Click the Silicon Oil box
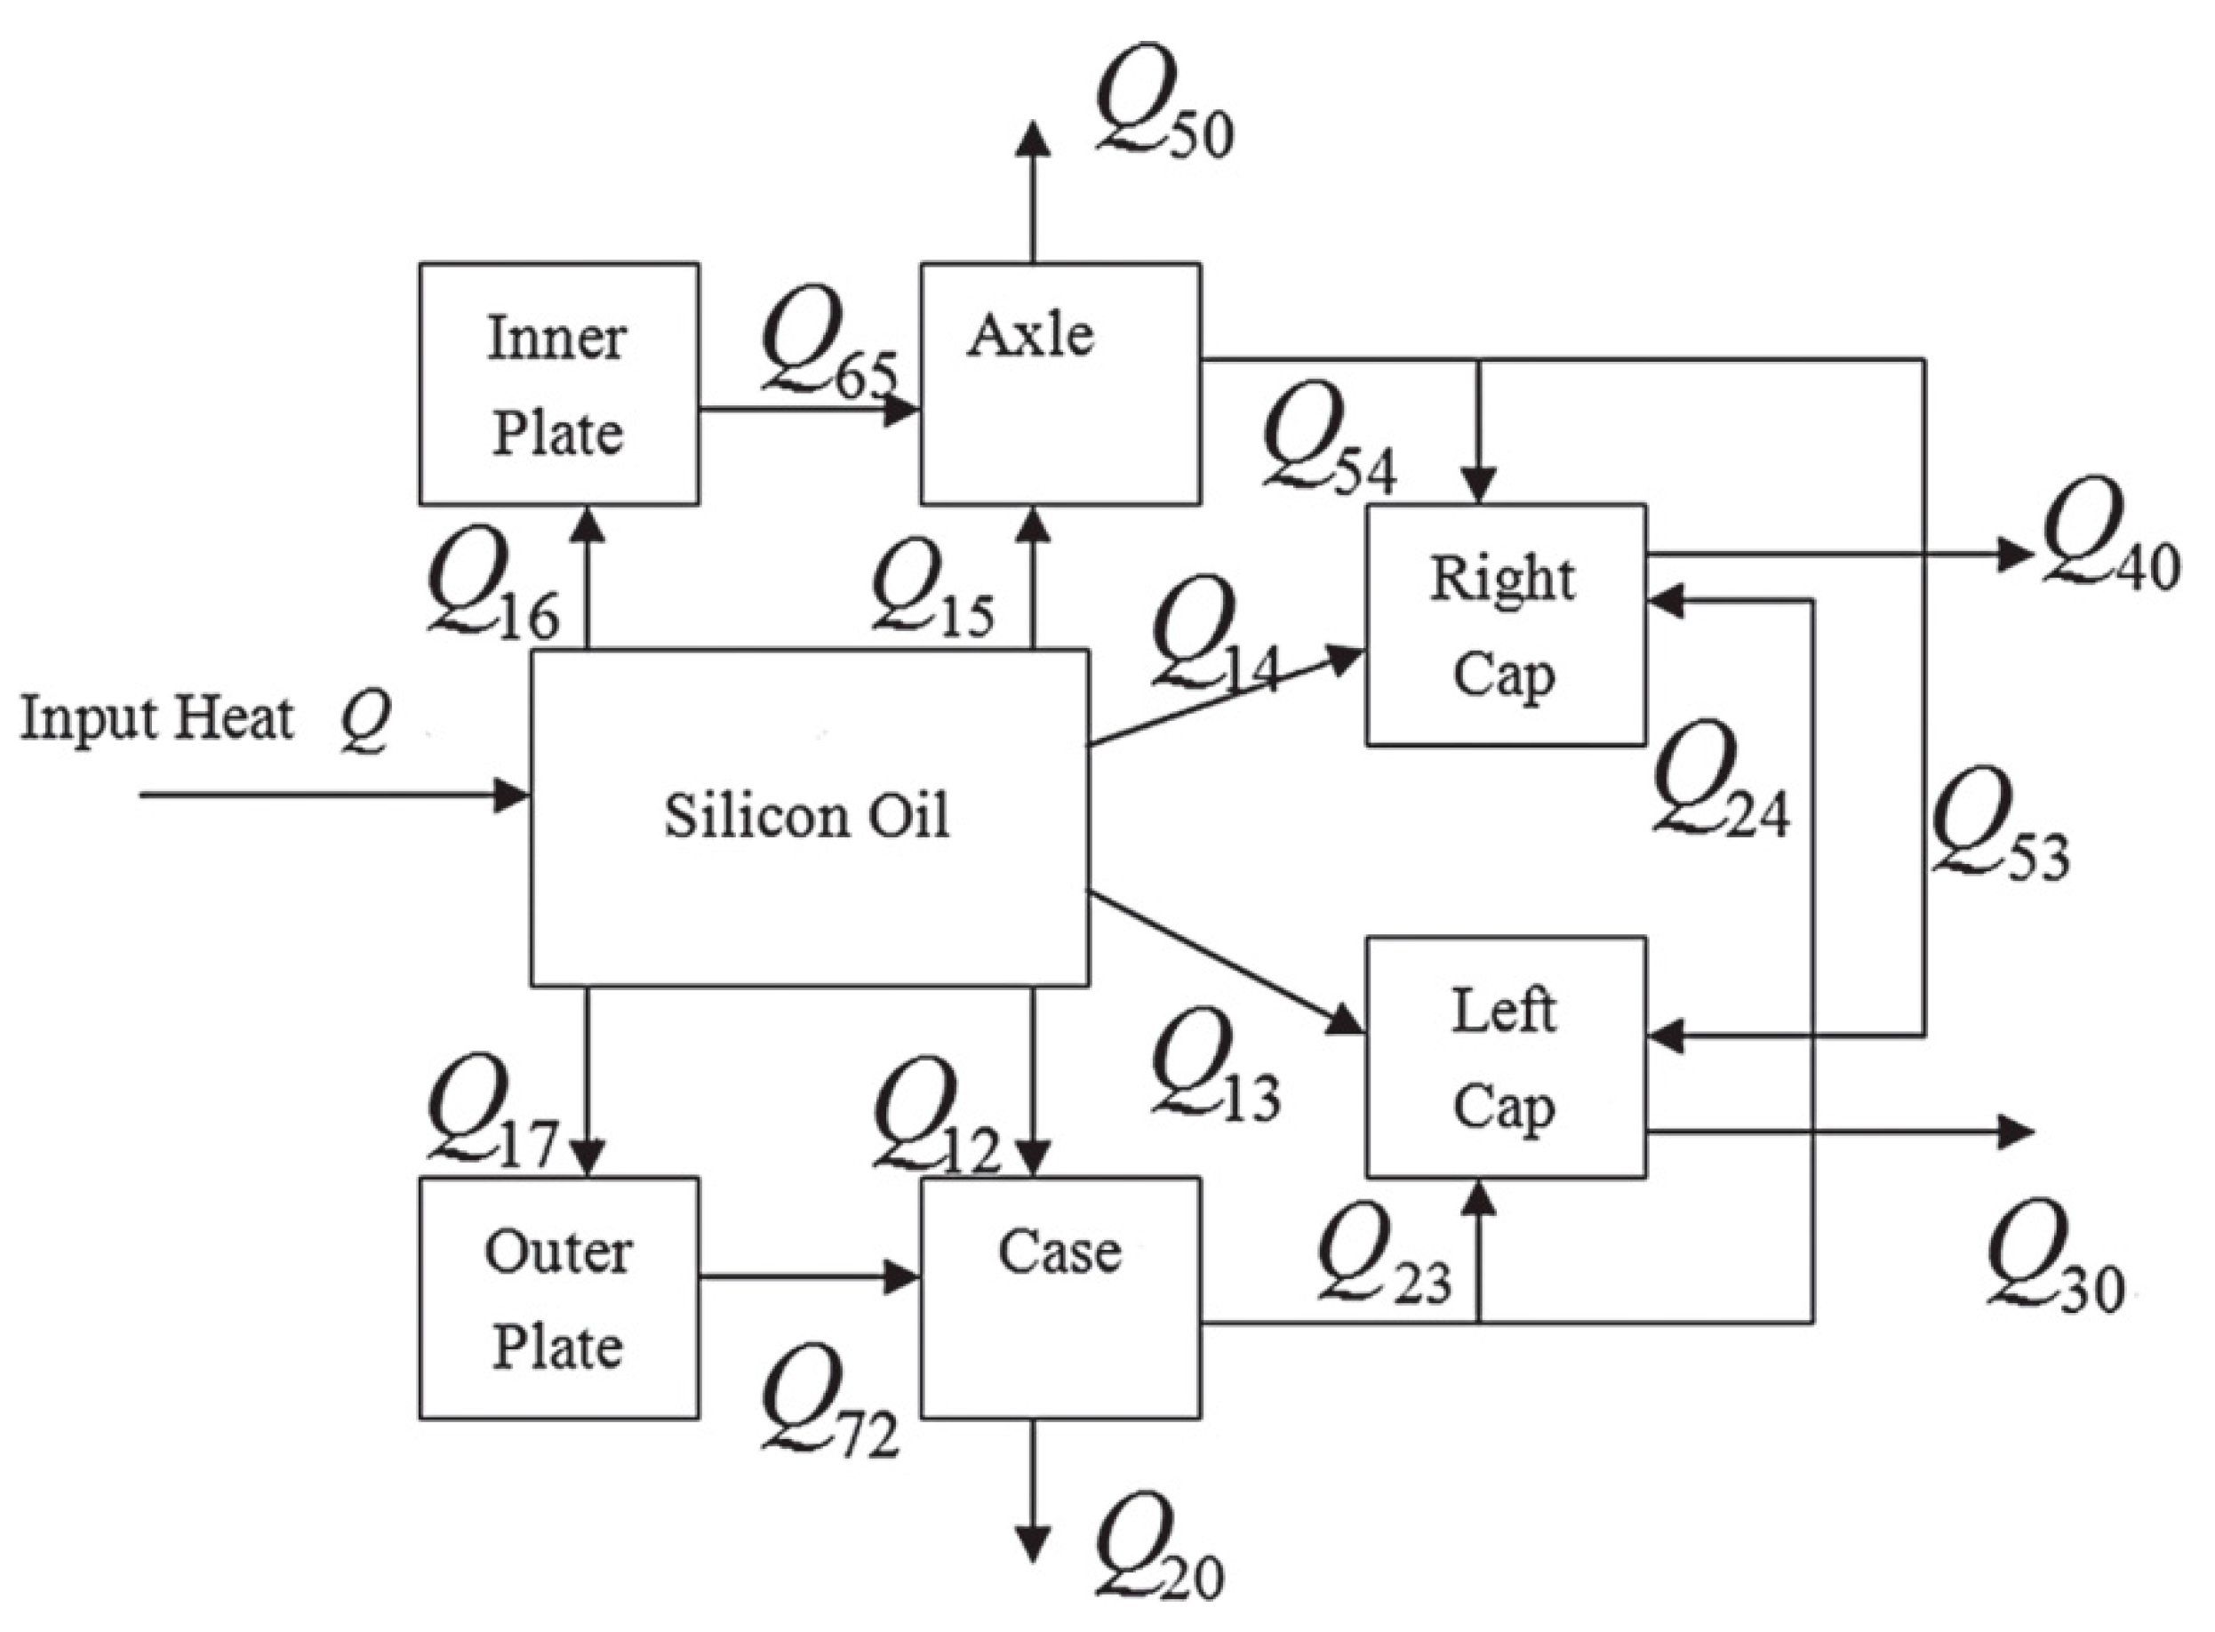click(x=808, y=818)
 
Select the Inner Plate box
click(x=558, y=384)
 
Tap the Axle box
click(x=1060, y=384)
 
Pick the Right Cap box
click(x=1505, y=626)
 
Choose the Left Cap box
click(x=1505, y=1057)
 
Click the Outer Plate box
click(x=558, y=1298)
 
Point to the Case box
click(x=1060, y=1298)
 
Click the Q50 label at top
click(x=1163, y=105)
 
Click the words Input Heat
click(x=156, y=718)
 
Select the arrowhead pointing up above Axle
click(x=1034, y=139)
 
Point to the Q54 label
click(x=1329, y=441)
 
